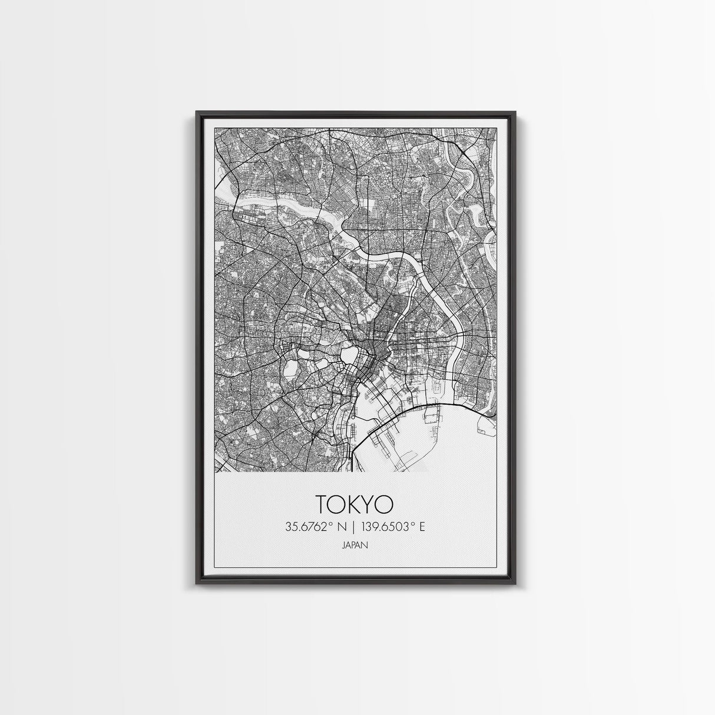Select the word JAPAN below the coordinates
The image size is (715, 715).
click(x=355, y=545)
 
